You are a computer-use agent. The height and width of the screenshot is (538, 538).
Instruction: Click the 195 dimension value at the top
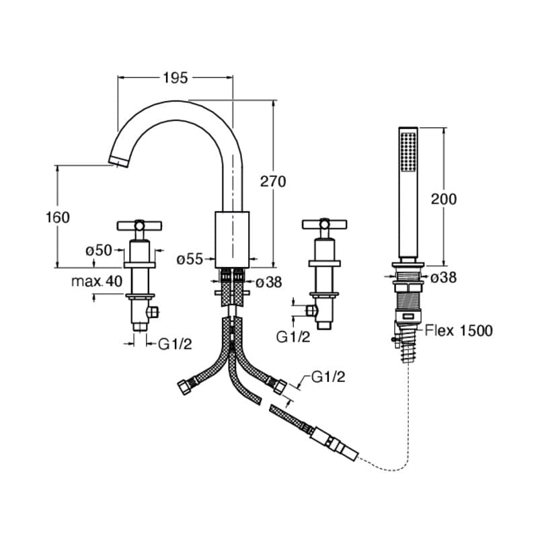pyautogui.click(x=176, y=78)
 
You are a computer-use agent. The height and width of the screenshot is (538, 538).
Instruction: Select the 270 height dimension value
pyautogui.click(x=273, y=182)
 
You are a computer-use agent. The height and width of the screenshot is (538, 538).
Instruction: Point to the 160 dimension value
pyautogui.click(x=58, y=217)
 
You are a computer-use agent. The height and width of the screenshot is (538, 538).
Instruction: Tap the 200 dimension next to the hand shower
pyautogui.click(x=444, y=199)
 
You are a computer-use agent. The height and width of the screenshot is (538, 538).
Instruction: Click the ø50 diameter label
pyautogui.click(x=99, y=250)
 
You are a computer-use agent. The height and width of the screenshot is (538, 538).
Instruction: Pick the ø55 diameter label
pyautogui.click(x=190, y=259)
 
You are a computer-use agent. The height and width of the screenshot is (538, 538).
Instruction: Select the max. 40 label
pyautogui.click(x=97, y=281)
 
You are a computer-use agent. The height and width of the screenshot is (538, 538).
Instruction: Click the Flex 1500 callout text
pyautogui.click(x=459, y=330)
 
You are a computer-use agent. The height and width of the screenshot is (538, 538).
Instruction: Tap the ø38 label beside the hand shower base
pyautogui.click(x=443, y=277)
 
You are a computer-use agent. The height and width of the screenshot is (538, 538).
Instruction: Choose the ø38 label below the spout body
pyautogui.click(x=268, y=282)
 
